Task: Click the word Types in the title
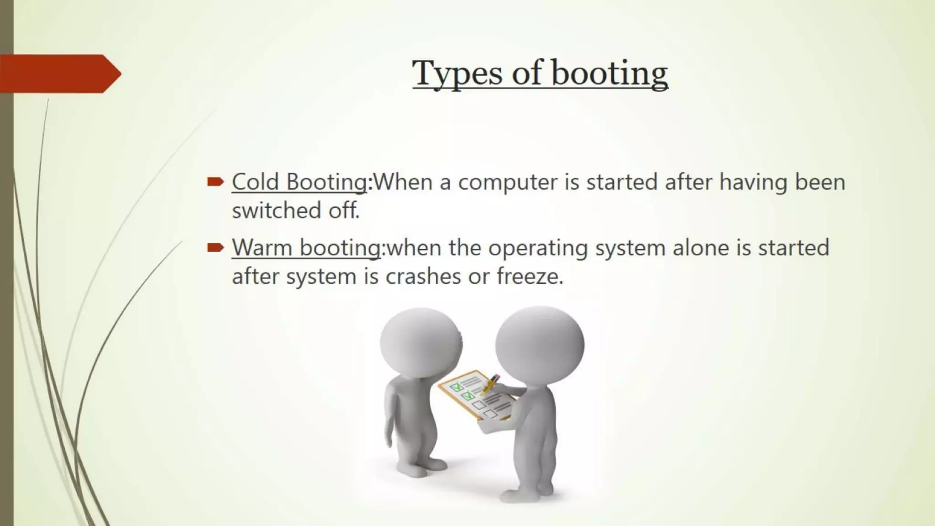[x=457, y=73]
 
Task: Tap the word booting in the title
[x=609, y=73]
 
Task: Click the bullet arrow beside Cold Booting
[x=215, y=182]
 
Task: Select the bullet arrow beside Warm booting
[x=215, y=248]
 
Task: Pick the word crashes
[x=423, y=276]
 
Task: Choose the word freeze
[x=529, y=276]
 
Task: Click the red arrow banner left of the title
[x=59, y=74]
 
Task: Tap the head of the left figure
[x=420, y=342]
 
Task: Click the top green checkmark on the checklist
[x=456, y=387]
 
